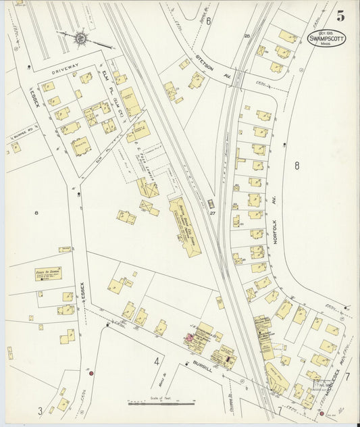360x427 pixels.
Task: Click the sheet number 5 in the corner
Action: [x=341, y=16]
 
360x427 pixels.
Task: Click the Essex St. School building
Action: [x=46, y=274]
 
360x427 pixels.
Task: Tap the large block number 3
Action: [x=40, y=410]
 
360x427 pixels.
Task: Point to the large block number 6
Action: [x=209, y=21]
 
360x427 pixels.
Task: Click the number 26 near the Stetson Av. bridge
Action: [x=247, y=36]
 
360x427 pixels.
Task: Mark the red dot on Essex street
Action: [x=91, y=372]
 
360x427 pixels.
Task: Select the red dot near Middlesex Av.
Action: [x=322, y=413]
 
